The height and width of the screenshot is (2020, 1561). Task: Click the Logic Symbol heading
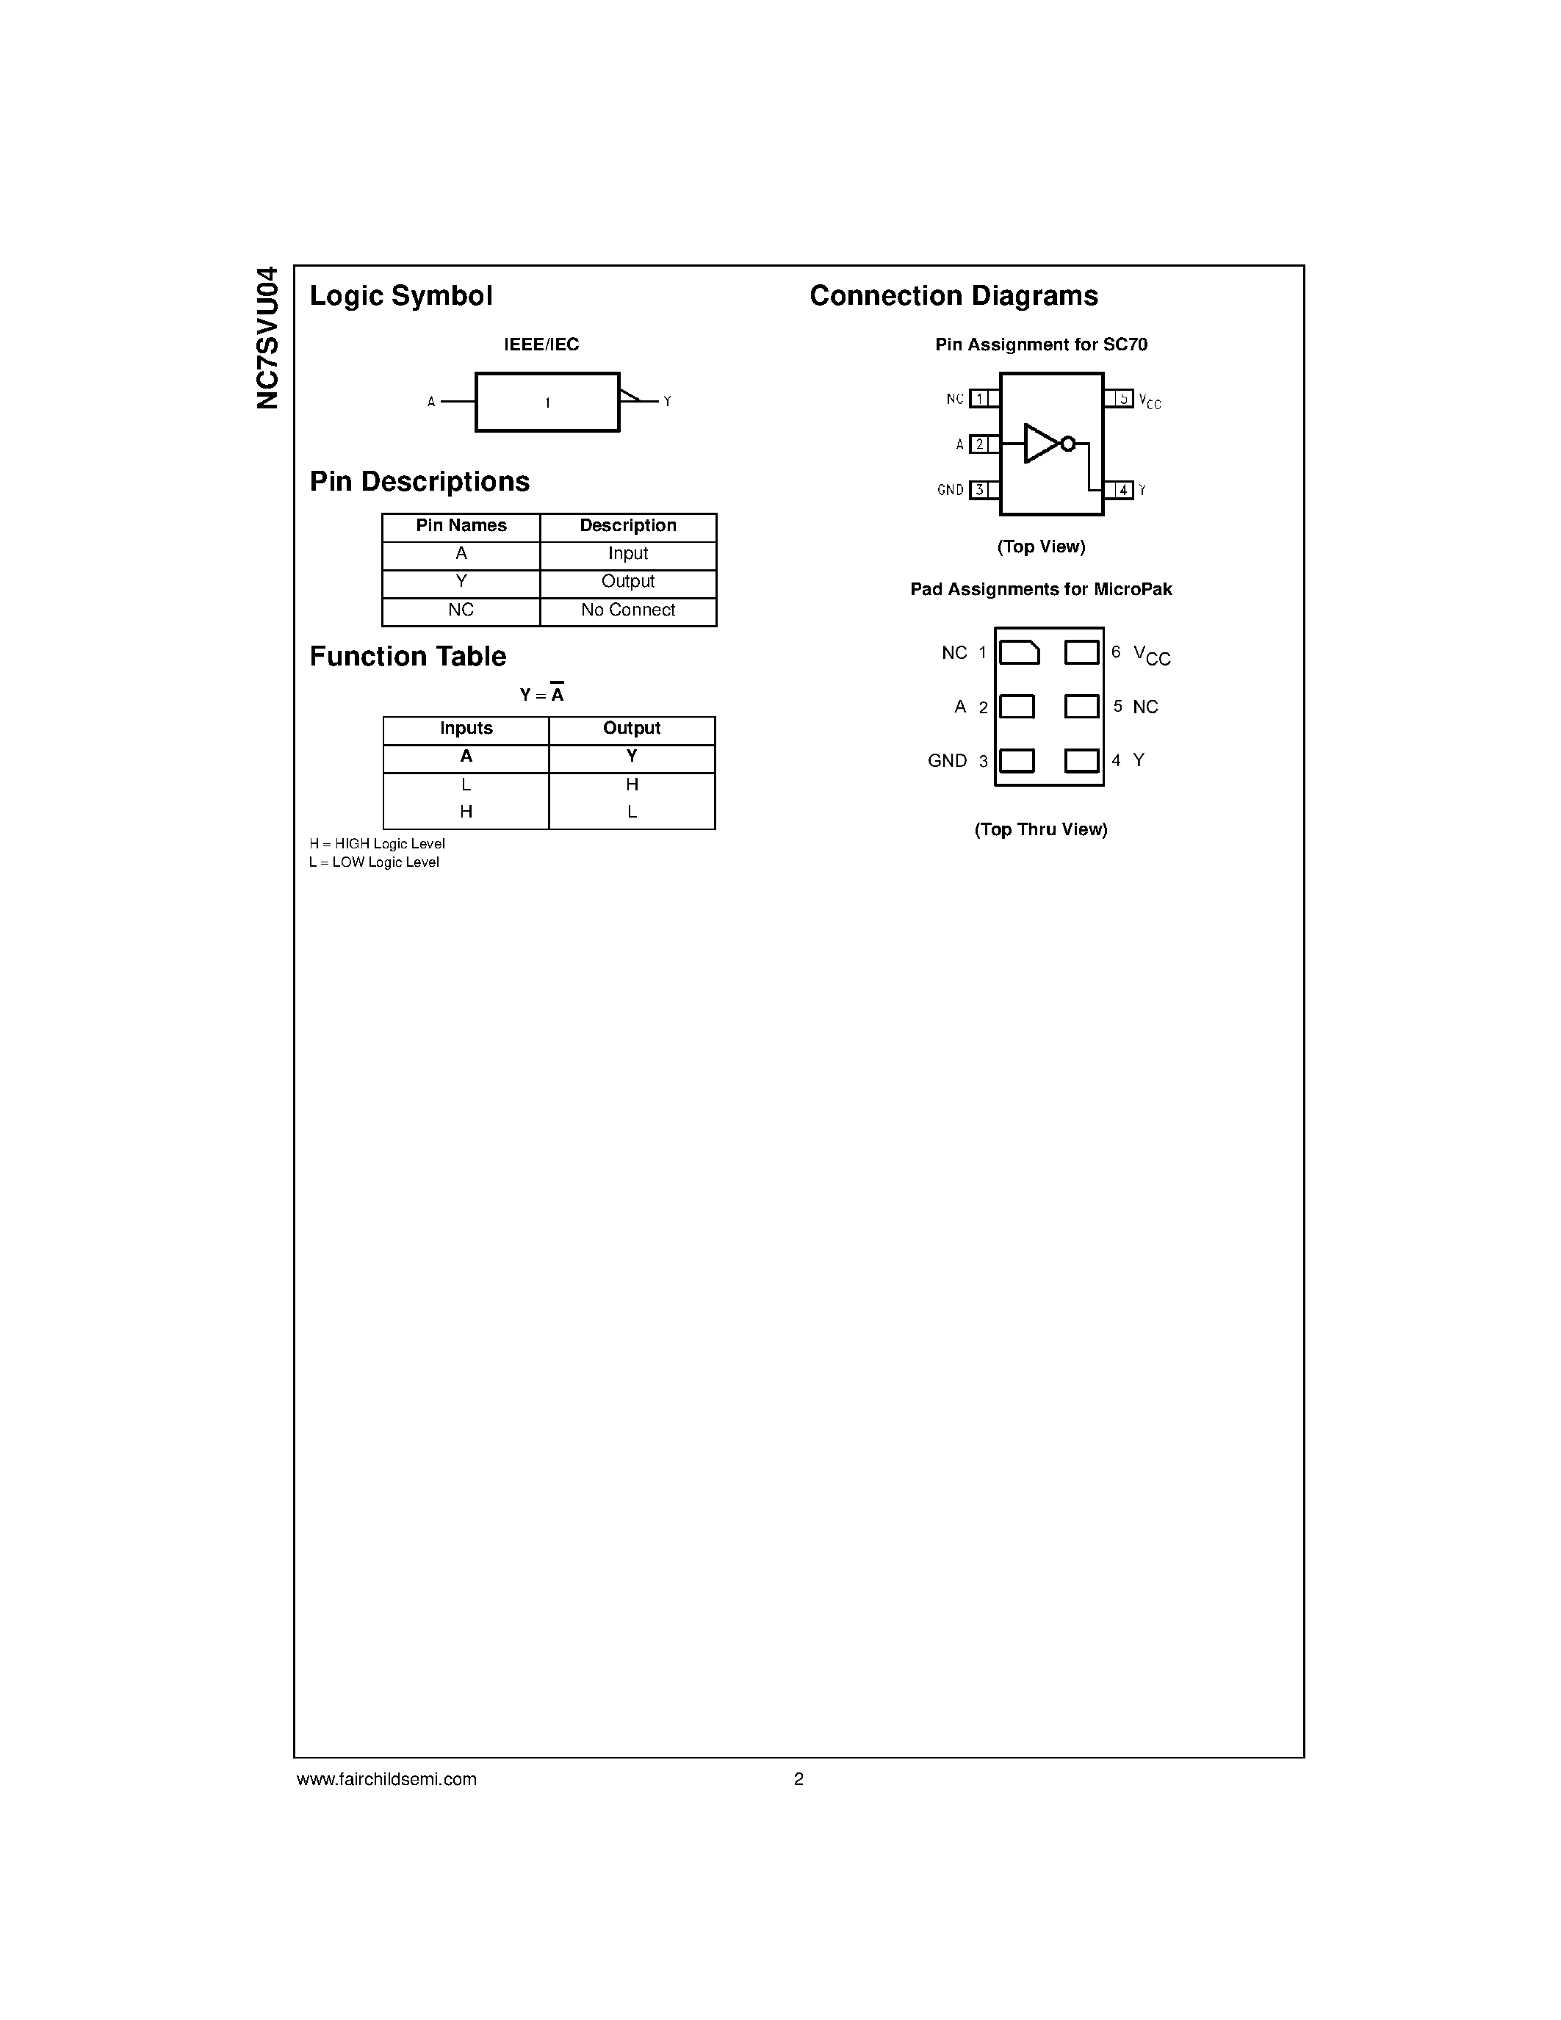click(400, 296)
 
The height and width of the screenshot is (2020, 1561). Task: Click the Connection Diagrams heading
click(953, 296)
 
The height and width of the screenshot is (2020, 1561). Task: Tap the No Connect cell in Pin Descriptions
click(628, 610)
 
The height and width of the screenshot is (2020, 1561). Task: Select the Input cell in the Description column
click(628, 554)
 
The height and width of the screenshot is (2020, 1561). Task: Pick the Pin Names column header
click(461, 525)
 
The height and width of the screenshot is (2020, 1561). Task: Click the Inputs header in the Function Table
click(466, 729)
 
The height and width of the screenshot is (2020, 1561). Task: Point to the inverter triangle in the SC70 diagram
click(1040, 444)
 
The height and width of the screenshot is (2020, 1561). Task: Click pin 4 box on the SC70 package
click(1122, 490)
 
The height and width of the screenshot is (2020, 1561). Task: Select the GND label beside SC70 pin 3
click(950, 490)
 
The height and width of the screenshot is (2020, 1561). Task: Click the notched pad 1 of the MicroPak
click(1019, 652)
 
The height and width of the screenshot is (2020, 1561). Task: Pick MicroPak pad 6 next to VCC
click(1081, 652)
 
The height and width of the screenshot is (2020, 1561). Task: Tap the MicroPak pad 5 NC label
click(1145, 707)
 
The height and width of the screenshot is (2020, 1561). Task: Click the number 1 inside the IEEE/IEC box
click(547, 403)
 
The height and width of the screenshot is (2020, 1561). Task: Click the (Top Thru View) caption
click(1040, 829)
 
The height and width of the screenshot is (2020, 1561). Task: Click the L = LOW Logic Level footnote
click(374, 862)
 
